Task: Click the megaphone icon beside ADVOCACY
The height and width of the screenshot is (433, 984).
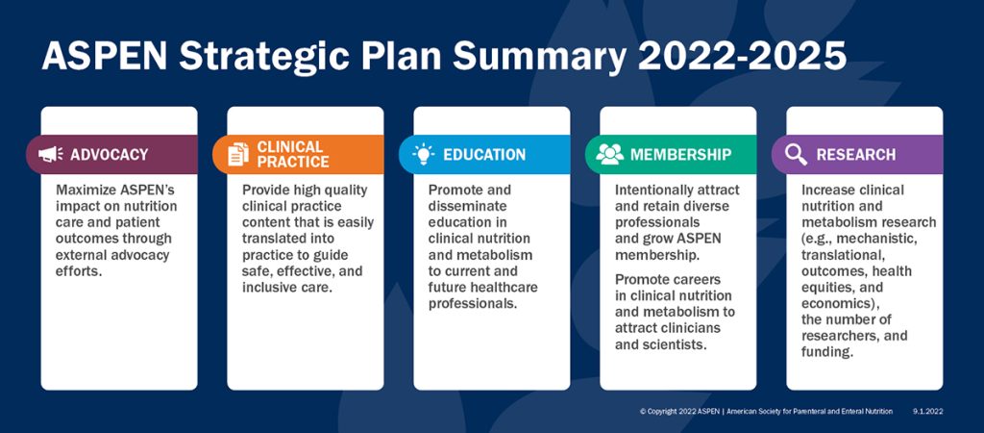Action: [x=50, y=154]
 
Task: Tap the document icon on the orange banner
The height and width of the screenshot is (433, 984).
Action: [x=237, y=154]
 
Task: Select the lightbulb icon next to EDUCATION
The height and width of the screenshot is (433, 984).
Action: [x=423, y=154]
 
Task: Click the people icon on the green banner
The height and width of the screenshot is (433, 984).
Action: [x=609, y=154]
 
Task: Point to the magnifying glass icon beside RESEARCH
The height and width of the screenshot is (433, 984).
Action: [x=796, y=154]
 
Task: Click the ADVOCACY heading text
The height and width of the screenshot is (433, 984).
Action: [x=109, y=154]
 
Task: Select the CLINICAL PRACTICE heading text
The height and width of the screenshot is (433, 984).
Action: [x=292, y=154]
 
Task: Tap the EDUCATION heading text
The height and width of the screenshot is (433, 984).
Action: [x=484, y=154]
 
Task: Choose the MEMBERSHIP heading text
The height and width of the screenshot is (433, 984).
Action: [x=680, y=154]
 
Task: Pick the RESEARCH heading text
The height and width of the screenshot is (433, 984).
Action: [x=855, y=154]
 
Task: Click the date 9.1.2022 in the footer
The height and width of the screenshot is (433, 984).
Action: [x=928, y=411]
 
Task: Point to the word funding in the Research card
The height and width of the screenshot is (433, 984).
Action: [x=827, y=352]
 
